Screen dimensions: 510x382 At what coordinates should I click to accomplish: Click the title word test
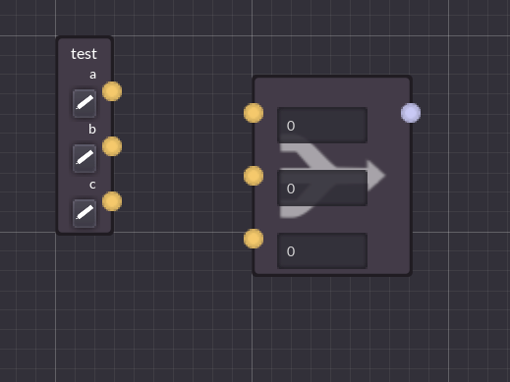click(84, 54)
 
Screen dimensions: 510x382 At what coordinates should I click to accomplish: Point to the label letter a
click(93, 75)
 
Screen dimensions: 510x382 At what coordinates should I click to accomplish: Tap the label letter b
click(92, 129)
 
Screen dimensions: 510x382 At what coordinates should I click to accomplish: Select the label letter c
click(92, 184)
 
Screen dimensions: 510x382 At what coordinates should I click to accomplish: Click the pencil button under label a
click(85, 102)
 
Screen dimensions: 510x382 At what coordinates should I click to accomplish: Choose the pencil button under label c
click(85, 212)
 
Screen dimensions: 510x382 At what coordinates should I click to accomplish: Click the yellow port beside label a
click(112, 91)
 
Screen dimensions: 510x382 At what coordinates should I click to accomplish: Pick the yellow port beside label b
click(112, 146)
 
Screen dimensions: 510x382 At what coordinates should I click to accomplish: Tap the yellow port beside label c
click(112, 201)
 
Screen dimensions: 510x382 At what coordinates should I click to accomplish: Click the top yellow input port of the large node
click(254, 113)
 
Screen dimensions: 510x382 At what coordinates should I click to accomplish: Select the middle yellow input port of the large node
click(254, 176)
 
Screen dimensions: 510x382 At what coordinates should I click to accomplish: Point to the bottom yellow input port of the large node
click(254, 239)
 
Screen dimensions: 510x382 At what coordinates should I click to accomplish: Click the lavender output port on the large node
click(411, 113)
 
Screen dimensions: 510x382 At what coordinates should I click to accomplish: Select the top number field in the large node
click(321, 126)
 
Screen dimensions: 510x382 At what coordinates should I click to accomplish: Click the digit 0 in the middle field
click(291, 189)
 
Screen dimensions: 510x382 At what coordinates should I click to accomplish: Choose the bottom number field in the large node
click(321, 251)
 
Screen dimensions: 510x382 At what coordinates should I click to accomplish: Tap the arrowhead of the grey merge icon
click(375, 175)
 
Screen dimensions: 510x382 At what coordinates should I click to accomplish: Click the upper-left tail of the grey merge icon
click(293, 148)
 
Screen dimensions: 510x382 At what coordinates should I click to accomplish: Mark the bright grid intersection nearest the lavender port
click(450, 36)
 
